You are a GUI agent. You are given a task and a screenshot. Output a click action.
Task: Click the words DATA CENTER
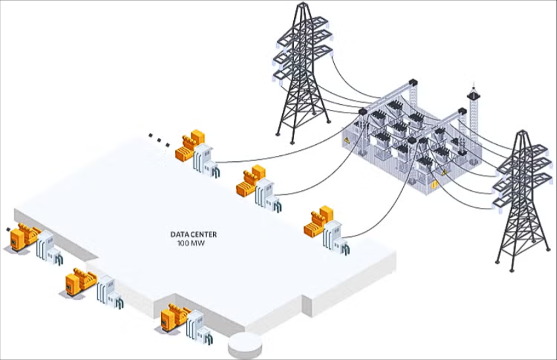tap(193, 234)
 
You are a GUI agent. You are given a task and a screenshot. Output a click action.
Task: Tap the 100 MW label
tap(191, 244)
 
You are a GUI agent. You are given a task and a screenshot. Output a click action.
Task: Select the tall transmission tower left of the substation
tap(303, 73)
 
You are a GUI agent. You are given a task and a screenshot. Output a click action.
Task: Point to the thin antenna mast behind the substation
tap(473, 114)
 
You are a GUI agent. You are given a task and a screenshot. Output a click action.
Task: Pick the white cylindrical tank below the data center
tap(245, 345)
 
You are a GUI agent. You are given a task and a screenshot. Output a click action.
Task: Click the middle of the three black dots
tap(158, 140)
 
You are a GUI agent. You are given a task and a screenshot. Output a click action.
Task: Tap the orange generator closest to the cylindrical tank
tap(175, 317)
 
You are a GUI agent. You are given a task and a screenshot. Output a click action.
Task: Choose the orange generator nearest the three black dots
tap(190, 145)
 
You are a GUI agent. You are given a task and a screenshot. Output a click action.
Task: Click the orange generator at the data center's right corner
tap(319, 221)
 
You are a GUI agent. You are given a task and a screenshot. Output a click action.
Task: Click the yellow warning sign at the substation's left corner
tap(347, 141)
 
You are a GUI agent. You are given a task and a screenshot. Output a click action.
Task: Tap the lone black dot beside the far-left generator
tap(8, 229)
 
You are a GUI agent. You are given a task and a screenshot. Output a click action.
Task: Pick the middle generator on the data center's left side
tap(81, 282)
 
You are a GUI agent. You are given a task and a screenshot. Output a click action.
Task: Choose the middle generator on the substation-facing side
tap(251, 180)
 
